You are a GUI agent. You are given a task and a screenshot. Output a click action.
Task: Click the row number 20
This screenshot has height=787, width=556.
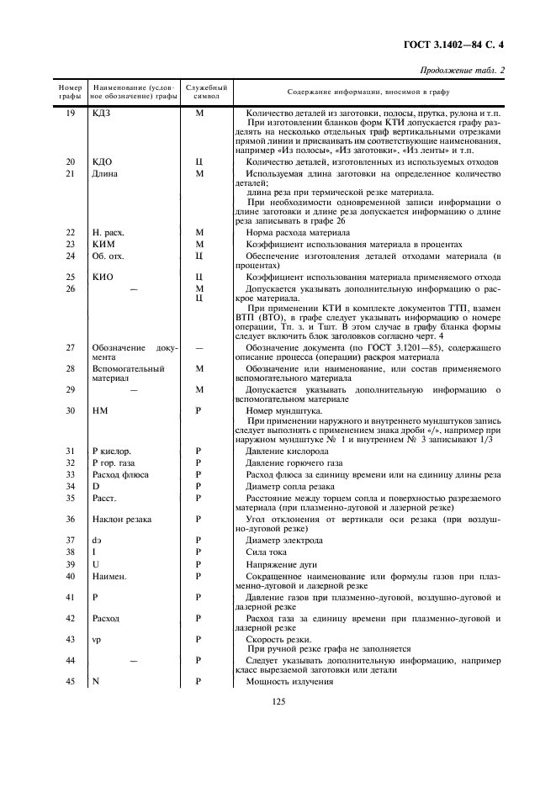pyautogui.click(x=71, y=161)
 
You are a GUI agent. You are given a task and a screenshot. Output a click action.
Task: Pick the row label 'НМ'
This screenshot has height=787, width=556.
pyautogui.click(x=98, y=410)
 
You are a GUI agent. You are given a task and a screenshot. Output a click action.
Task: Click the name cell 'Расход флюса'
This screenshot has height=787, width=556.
pyautogui.click(x=119, y=474)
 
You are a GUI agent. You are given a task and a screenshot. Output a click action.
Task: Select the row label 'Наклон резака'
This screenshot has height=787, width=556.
pyautogui.click(x=122, y=519)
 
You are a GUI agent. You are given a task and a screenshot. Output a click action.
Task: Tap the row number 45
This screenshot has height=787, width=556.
pyautogui.click(x=71, y=681)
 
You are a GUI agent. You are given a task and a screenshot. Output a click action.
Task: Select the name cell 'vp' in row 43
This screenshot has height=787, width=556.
pyautogui.click(x=97, y=640)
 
